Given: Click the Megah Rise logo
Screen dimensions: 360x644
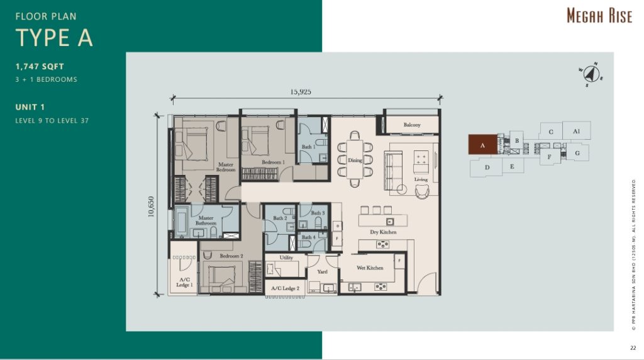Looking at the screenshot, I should [x=599, y=16].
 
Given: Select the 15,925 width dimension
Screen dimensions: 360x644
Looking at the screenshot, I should [x=301, y=91].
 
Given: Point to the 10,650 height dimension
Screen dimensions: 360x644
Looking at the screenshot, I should [x=151, y=206].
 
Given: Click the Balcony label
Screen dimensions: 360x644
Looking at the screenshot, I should [x=412, y=125].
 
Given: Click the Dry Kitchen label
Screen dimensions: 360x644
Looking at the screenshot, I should [x=383, y=232].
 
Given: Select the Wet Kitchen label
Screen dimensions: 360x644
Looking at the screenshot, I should [x=370, y=268].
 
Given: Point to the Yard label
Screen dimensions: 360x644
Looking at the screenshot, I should [x=322, y=272].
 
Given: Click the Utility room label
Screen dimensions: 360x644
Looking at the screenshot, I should [x=286, y=257].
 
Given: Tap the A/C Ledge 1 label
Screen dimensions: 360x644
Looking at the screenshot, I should [x=184, y=283].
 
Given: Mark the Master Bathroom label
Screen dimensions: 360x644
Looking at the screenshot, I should [x=206, y=221].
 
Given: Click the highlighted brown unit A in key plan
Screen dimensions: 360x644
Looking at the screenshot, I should [x=482, y=145].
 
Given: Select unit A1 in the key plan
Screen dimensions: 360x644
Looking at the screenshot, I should [x=576, y=132].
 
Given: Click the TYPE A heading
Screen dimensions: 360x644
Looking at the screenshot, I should [x=54, y=38].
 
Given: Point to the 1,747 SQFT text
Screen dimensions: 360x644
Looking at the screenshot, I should [x=40, y=66].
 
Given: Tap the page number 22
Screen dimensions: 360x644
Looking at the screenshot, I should [x=633, y=348].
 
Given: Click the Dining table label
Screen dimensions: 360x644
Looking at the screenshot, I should [x=355, y=160].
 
